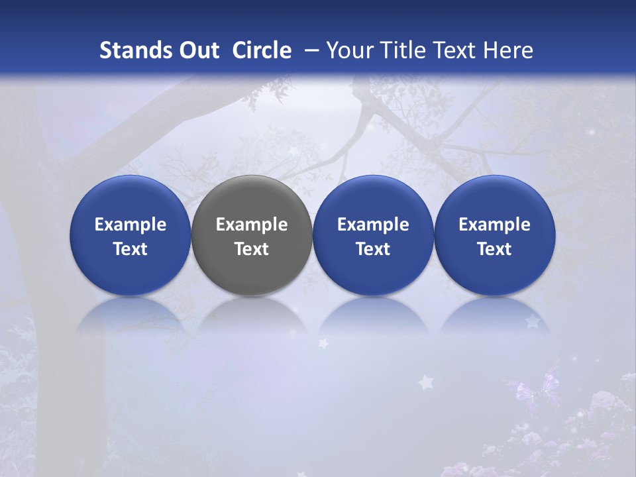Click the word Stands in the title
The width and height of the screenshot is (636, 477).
pyautogui.click(x=135, y=50)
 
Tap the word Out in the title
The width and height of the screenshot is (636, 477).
pyautogui.click(x=199, y=50)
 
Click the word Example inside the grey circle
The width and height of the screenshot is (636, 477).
pyautogui.click(x=252, y=225)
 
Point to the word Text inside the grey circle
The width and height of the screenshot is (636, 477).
pyautogui.click(x=252, y=249)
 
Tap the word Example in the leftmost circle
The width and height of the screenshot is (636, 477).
pyautogui.click(x=131, y=225)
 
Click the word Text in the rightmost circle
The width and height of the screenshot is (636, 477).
pyautogui.click(x=495, y=249)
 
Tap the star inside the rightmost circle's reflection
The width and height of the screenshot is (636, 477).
pyautogui.click(x=531, y=321)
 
